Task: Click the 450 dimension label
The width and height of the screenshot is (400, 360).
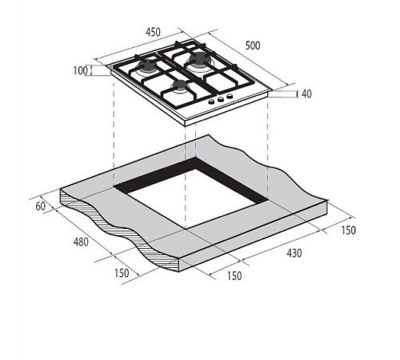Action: (153, 32)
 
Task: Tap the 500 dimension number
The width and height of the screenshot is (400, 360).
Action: (253, 46)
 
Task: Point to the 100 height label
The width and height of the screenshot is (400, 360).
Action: (80, 70)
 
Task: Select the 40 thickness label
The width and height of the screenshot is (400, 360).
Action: (306, 94)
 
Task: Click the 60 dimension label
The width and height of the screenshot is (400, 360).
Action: (41, 206)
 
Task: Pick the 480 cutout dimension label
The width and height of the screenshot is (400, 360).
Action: (81, 242)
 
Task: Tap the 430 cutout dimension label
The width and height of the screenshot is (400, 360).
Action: (294, 253)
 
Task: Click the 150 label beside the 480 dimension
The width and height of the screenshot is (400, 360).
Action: (122, 273)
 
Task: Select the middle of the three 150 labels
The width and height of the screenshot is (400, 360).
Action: (234, 276)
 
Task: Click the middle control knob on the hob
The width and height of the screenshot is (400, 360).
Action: (221, 99)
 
